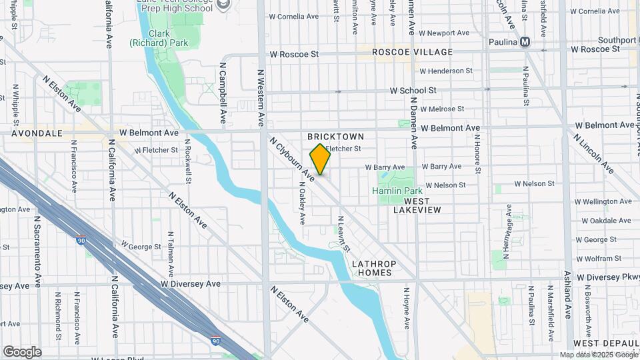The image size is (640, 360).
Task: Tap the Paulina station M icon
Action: [525, 42]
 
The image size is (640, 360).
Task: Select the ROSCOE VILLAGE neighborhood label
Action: [412, 52]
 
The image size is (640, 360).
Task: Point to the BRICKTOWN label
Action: [336, 137]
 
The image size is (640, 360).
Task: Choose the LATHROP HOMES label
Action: [374, 269]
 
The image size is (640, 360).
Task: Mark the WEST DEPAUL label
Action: [599, 343]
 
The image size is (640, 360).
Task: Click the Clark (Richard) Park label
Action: [159, 38]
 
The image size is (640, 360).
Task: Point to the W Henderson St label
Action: [445, 71]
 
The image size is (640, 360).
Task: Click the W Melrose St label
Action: [441, 109]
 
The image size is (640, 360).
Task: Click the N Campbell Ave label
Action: [223, 93]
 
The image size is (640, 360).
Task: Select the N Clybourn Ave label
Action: [291, 160]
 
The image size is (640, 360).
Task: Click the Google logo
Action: [22, 351]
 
